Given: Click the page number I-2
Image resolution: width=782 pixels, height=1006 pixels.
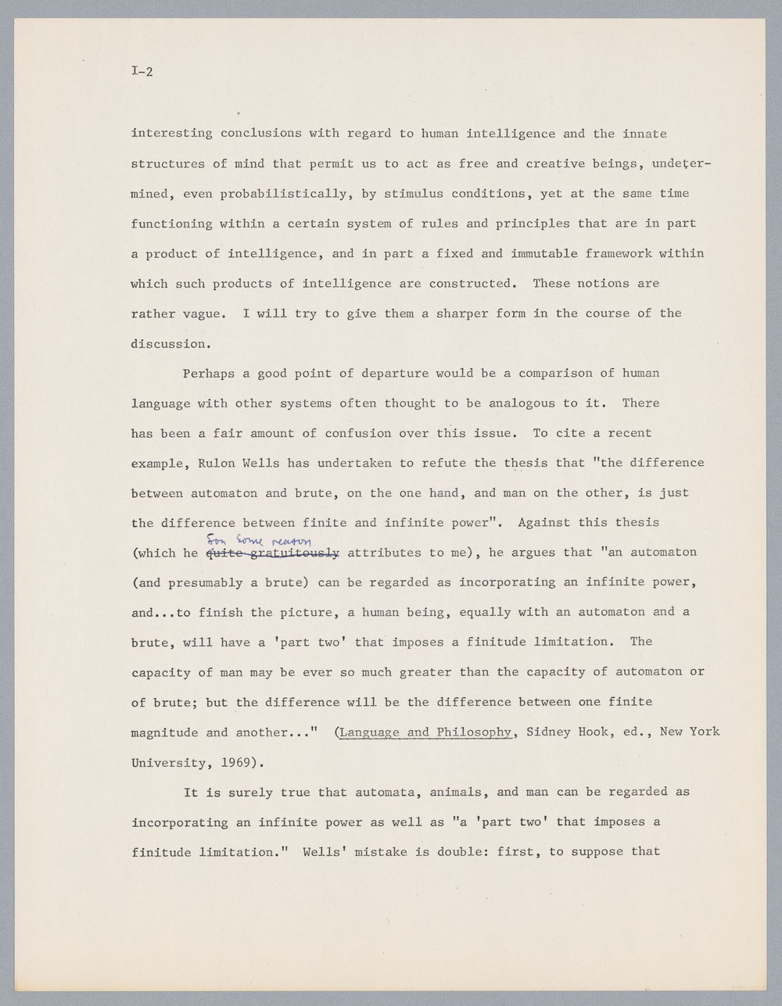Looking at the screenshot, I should (142, 72).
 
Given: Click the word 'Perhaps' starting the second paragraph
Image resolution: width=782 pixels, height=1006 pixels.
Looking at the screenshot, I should (209, 373).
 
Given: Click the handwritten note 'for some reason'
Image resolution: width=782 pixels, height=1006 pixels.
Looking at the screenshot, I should (258, 540).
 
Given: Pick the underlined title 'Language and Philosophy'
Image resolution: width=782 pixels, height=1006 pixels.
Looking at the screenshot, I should (425, 732).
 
